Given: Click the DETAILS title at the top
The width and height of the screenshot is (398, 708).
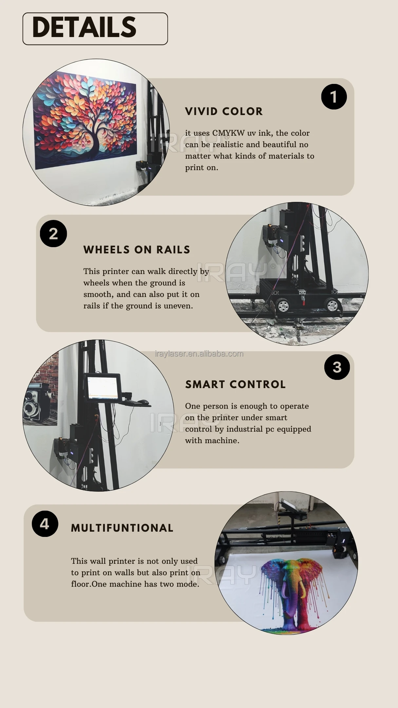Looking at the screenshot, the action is coord(84,27).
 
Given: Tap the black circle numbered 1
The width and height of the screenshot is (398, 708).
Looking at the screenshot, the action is coord(334,97).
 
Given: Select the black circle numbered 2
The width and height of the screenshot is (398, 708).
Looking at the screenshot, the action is coord(53,233).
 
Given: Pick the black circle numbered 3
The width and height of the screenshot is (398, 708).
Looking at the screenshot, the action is coord(337,367).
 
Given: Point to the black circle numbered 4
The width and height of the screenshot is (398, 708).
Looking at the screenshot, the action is coord(45,524).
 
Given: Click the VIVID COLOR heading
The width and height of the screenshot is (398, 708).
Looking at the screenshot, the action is coord(224,111).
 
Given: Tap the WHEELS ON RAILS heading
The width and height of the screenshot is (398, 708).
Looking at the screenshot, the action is coord(137,250).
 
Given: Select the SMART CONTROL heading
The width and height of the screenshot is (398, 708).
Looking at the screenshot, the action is coord(235,384).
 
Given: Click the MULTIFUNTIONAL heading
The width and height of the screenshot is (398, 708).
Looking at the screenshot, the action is coord(122,528).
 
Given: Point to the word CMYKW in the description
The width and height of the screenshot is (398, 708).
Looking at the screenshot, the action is coord(228,133).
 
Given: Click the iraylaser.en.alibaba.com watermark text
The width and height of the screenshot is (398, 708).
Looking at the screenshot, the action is coord(199,354).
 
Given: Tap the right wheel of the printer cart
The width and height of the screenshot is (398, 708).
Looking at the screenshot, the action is coord(332,305).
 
